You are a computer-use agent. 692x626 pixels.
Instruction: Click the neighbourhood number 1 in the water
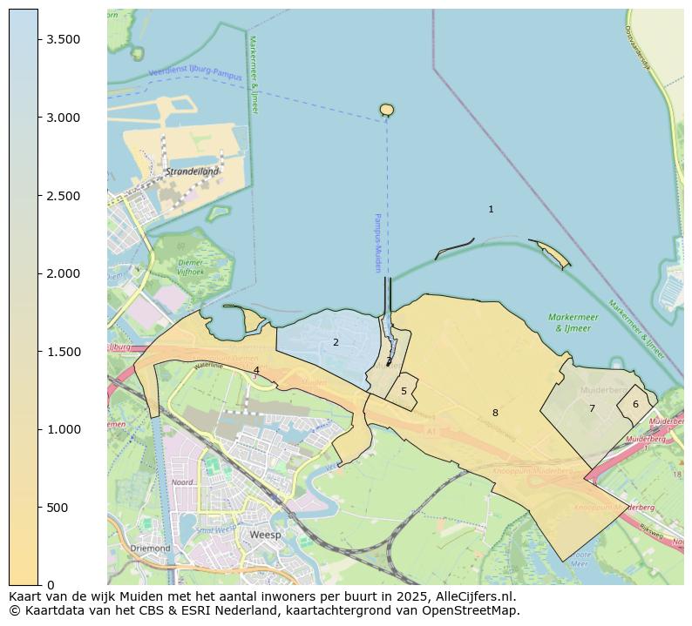point(491,209)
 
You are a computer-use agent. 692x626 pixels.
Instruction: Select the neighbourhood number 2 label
point(336,342)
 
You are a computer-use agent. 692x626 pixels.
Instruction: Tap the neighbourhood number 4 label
point(256,370)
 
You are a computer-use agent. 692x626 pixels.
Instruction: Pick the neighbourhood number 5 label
point(404,391)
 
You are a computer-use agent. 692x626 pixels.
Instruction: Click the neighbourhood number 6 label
point(635,404)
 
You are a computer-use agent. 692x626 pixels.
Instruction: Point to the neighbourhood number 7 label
point(592,408)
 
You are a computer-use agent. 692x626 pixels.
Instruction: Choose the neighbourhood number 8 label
point(495,413)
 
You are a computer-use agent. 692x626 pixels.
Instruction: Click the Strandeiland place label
point(193,172)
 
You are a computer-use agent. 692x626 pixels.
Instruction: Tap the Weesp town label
point(265,535)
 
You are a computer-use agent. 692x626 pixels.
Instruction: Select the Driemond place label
point(151,549)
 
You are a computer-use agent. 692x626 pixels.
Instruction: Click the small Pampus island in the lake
point(387,110)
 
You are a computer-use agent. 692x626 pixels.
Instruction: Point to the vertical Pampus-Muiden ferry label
point(378,243)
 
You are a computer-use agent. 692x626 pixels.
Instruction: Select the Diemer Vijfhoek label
point(190,266)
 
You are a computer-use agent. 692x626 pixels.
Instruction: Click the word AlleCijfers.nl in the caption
point(476,596)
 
